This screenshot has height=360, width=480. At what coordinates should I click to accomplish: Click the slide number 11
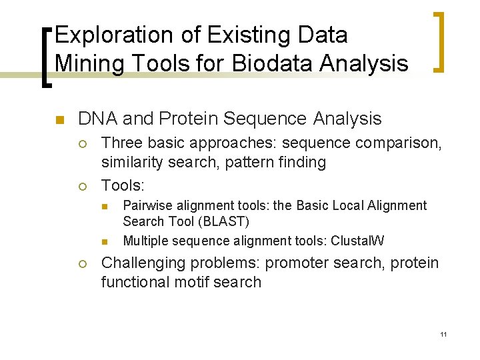pos(443,333)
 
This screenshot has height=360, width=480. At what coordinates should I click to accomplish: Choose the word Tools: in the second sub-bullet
pos(123,184)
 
